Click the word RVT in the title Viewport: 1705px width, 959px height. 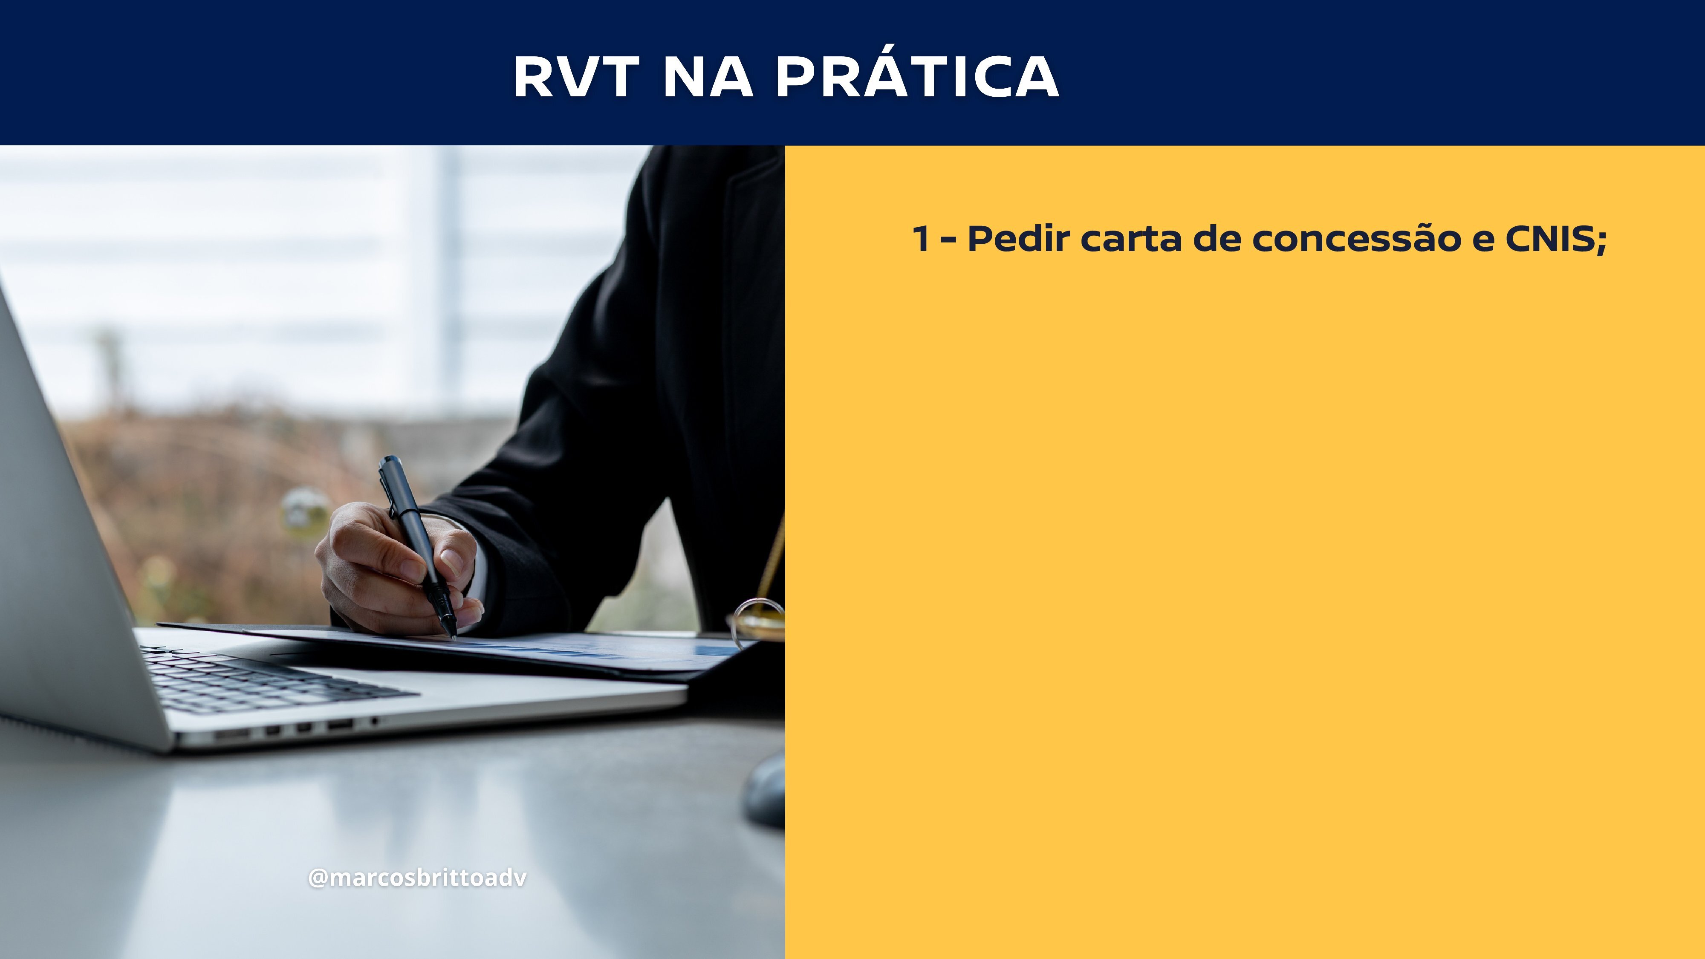pos(576,76)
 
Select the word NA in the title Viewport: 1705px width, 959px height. pos(708,76)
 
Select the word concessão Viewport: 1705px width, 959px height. pos(1357,239)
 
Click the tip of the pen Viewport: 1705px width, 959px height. pos(454,637)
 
